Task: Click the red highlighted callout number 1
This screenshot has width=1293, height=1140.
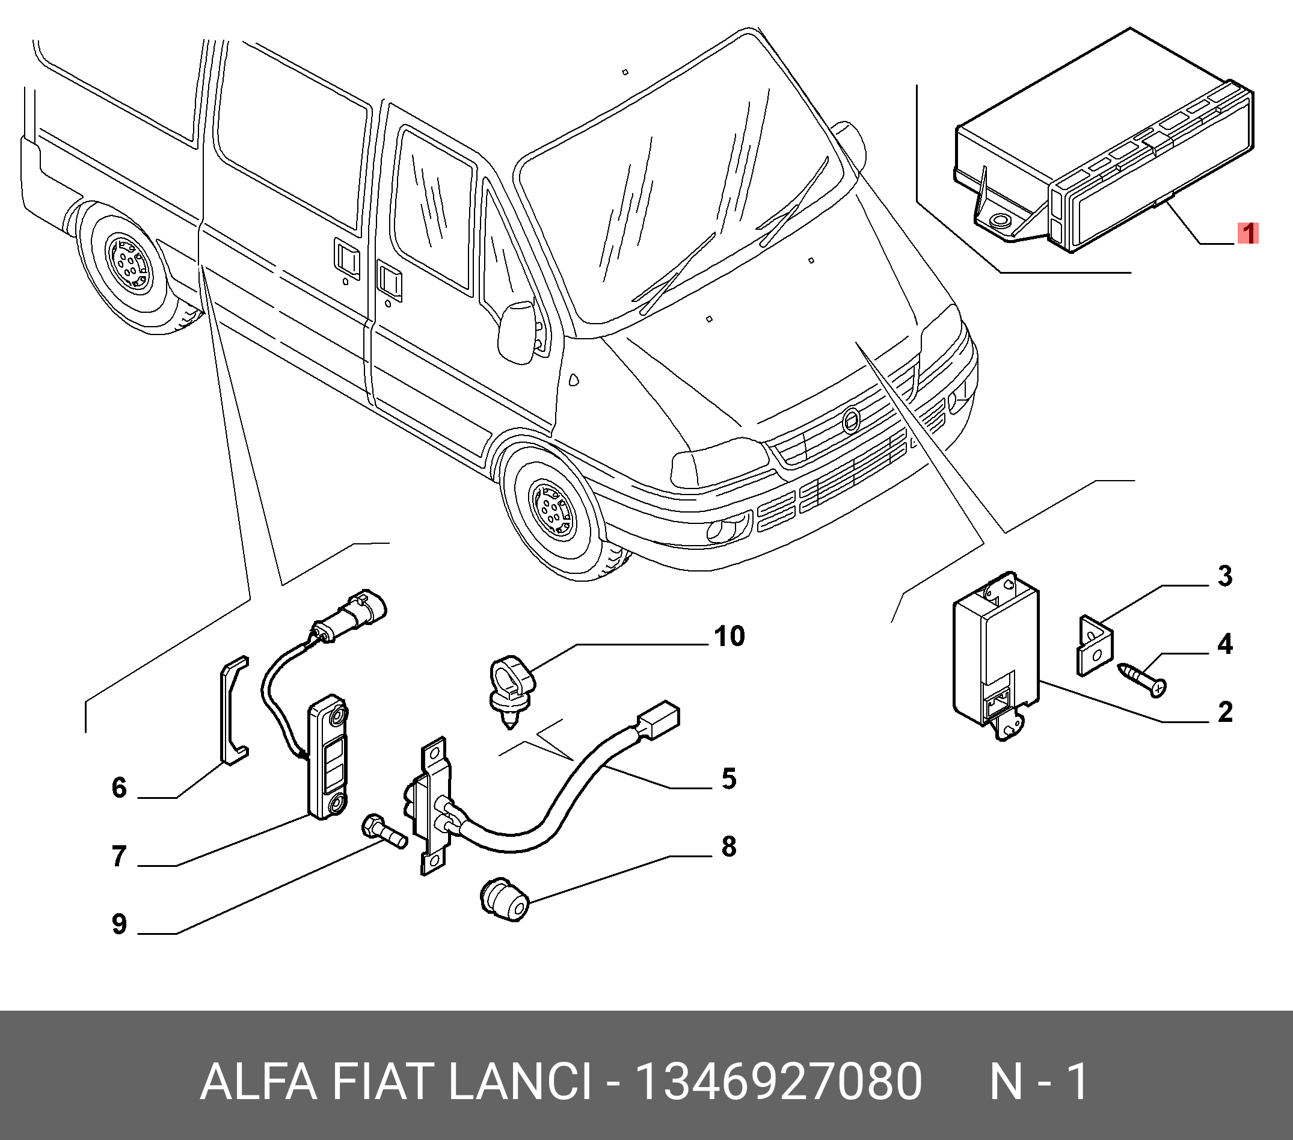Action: tap(1247, 233)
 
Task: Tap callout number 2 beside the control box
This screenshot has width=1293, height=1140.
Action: tap(1225, 712)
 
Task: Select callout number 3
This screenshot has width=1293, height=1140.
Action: tap(1225, 576)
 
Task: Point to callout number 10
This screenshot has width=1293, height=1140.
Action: tap(729, 636)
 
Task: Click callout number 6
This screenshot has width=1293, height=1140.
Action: tap(119, 787)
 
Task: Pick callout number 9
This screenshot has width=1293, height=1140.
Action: tap(119, 924)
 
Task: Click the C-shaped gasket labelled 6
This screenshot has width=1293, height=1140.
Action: tap(232, 709)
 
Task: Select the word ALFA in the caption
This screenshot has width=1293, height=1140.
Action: tap(257, 1082)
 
